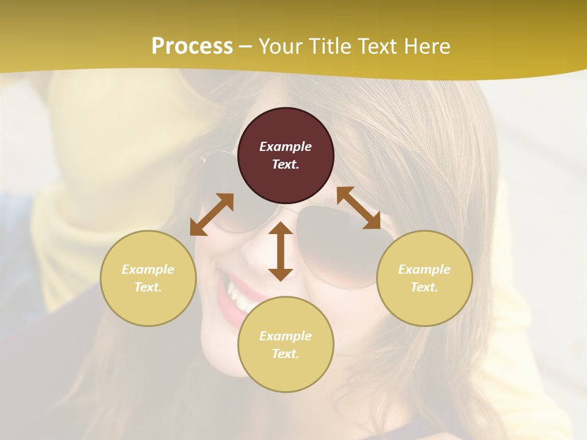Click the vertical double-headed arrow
coord(281,251)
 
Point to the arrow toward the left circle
coord(212,215)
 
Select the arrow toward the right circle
coord(358,208)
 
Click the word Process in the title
coord(192,46)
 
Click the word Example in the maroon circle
coord(286,147)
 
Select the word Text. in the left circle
coord(148,287)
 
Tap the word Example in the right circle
coord(424,269)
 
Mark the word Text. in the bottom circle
coord(286,354)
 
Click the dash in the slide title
coord(246,46)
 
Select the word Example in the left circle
coord(148,269)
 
